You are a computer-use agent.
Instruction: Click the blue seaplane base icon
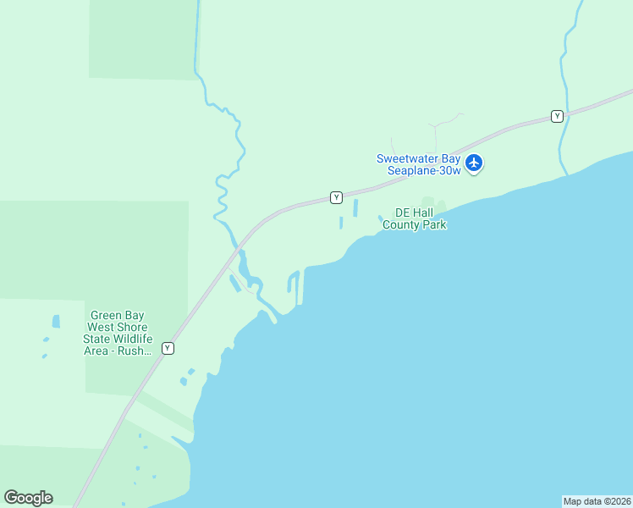474,162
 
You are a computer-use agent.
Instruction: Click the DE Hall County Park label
414,218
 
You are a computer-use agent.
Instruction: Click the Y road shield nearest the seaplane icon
557,116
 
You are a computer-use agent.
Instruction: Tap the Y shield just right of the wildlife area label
168,348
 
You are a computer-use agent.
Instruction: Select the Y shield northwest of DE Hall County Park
336,197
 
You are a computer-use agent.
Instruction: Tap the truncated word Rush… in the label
136,351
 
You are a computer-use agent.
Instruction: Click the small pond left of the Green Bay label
56,322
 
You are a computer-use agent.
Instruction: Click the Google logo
28,497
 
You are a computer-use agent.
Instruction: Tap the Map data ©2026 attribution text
597,501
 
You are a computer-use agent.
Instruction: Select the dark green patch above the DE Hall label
429,202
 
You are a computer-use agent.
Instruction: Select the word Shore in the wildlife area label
132,327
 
